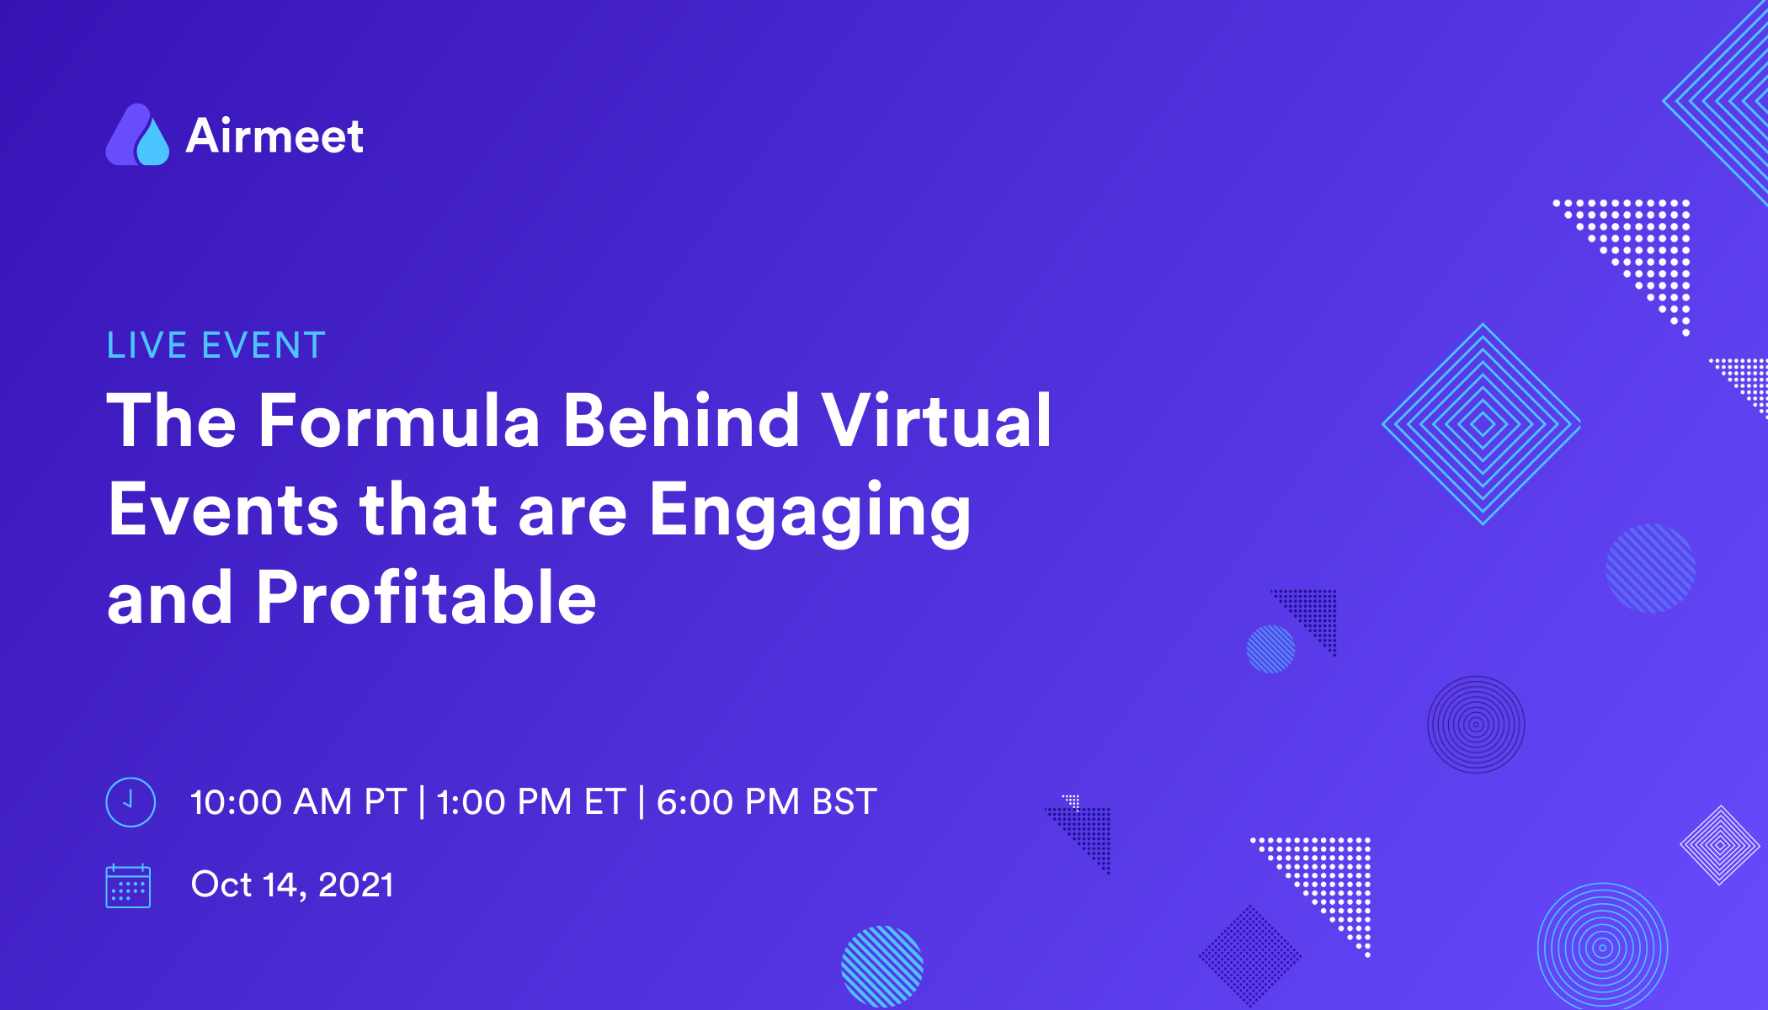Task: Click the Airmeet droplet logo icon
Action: coord(137,136)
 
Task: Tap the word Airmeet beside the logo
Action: coord(274,136)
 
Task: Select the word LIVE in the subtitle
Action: coord(146,346)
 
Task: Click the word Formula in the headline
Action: coord(399,421)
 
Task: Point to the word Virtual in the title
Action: coord(936,421)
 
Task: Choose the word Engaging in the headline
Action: coord(810,512)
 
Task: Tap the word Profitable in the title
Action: coord(426,598)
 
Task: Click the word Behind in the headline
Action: coord(681,421)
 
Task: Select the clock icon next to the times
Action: coord(130,802)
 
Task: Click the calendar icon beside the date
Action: coord(128,886)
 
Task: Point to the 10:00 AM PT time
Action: coord(298,802)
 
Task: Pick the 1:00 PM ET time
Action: coord(531,802)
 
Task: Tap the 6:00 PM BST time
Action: coord(766,802)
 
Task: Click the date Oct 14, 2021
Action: coord(292,885)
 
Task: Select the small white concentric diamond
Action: coord(1720,845)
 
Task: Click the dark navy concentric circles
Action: coord(1476,725)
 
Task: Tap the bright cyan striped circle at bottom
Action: coord(882,966)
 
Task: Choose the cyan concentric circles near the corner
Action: coord(1602,948)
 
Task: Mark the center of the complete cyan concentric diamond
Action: coord(1482,424)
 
